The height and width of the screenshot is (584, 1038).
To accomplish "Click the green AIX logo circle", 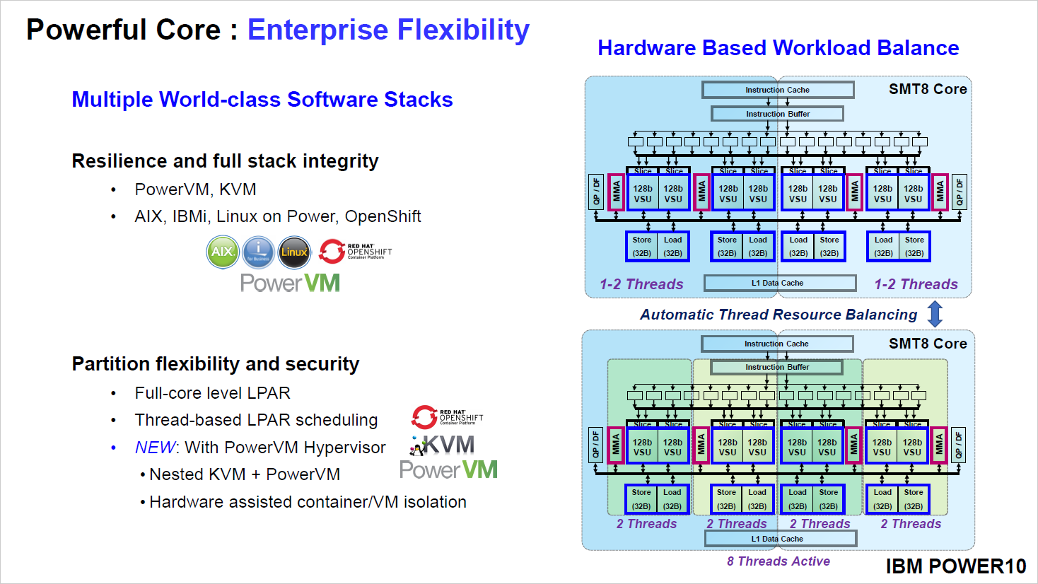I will pos(223,252).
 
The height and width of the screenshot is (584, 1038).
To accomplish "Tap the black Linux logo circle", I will pos(294,252).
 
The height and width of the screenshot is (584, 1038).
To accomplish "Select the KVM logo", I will pos(443,445).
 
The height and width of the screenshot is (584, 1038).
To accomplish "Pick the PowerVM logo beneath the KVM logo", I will pos(448,470).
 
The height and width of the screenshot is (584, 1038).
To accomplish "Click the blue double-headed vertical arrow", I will pos(935,314).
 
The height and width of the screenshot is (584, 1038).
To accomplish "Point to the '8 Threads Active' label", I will pos(778,561).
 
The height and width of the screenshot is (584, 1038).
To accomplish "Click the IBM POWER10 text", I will pos(955,566).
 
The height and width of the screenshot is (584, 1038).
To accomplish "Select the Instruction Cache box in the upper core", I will pos(778,90).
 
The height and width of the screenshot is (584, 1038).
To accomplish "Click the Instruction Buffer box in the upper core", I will pos(777,114).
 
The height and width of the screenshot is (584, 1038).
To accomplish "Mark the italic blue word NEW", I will pos(154,448).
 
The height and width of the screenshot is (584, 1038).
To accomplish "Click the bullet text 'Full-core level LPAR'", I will pos(213,393).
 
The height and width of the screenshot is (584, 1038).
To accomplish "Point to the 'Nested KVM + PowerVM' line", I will pos(245,474).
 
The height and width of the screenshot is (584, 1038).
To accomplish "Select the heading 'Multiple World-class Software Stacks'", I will pos(262,100).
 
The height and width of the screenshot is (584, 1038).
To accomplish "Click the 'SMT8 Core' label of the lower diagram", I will pos(928,344).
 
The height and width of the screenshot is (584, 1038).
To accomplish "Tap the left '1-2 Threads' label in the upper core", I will pos(641,284).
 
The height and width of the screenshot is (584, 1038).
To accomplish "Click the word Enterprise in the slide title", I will pos(318,30).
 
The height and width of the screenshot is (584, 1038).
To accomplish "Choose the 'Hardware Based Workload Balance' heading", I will pos(778,48).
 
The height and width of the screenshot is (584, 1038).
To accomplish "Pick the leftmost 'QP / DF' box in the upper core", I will pos(596,192).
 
